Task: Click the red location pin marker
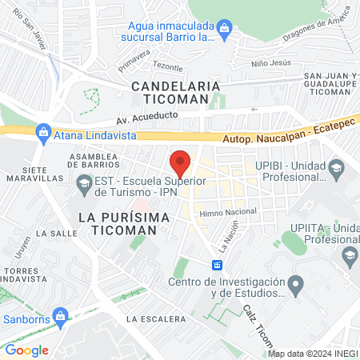pyautogui.click(x=181, y=162)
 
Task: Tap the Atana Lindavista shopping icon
pyautogui.click(x=44, y=135)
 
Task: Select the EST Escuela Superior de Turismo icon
pyautogui.click(x=83, y=186)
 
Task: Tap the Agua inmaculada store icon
pyautogui.click(x=225, y=31)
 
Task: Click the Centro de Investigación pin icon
pyautogui.click(x=296, y=284)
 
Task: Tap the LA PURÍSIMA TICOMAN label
pyautogui.click(x=126, y=223)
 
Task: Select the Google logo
pyautogui.click(x=26, y=350)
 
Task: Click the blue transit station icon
pyautogui.click(x=217, y=265)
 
